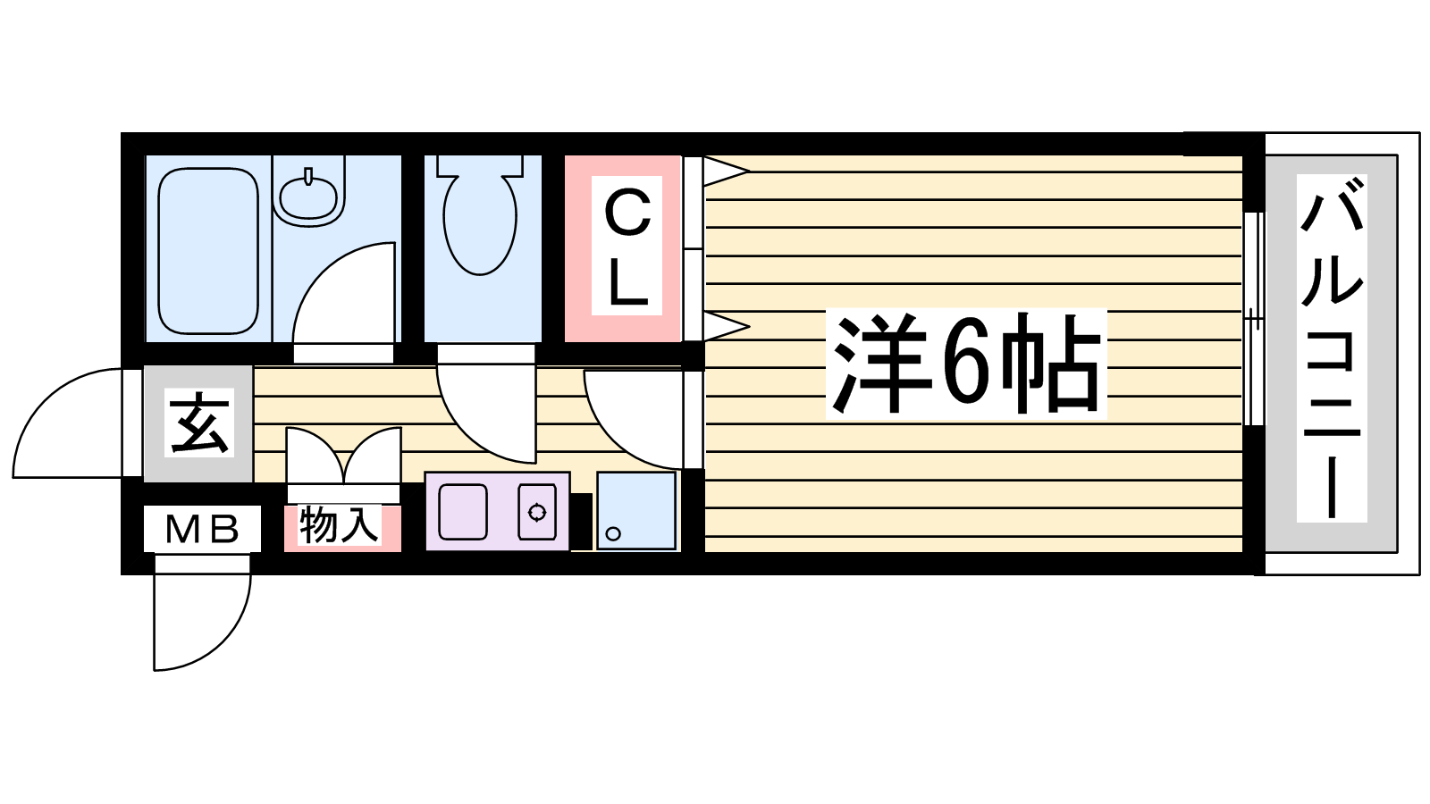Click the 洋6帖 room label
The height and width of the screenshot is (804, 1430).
pyautogui.click(x=965, y=363)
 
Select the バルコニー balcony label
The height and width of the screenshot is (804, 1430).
pyautogui.click(x=1332, y=348)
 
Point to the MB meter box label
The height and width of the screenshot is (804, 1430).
pyautogui.click(x=202, y=528)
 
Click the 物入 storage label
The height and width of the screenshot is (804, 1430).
pyautogui.click(x=340, y=525)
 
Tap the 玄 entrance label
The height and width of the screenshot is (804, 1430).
pyautogui.click(x=199, y=423)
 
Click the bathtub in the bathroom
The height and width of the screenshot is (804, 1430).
pyautogui.click(x=208, y=251)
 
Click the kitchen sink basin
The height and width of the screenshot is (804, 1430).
pyautogui.click(x=463, y=512)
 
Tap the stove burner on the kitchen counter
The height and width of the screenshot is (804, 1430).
pyautogui.click(x=537, y=512)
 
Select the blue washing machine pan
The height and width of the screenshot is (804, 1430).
pyautogui.click(x=635, y=510)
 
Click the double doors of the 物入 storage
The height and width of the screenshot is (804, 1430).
pyautogui.click(x=343, y=456)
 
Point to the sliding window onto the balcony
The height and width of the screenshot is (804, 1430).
pyautogui.click(x=1254, y=318)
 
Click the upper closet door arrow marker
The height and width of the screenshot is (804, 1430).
pyautogui.click(x=727, y=171)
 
